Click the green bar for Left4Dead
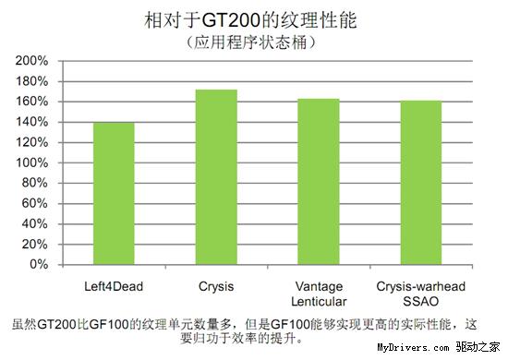[x=114, y=194]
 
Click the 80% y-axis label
[x=35, y=183]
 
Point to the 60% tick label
[x=35, y=203]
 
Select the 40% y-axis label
[x=35, y=223]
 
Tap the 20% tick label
[x=35, y=244]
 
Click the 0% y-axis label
[x=38, y=264]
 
